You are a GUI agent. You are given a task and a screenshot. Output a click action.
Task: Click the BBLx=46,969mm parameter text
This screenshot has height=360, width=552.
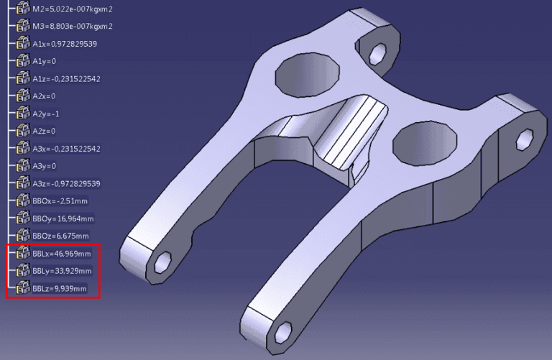tap(62, 254)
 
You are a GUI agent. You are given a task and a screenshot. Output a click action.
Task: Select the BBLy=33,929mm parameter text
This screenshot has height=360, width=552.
tap(62, 271)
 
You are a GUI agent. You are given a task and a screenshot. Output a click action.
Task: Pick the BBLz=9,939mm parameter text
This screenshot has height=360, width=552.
tap(60, 289)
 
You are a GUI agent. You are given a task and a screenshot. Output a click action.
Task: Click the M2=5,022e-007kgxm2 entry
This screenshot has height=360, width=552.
tap(73, 9)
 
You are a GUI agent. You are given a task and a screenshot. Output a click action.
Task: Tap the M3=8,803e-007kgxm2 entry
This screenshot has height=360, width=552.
tap(73, 27)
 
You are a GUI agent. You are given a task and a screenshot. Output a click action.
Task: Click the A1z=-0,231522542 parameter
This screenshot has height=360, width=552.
tap(66, 78)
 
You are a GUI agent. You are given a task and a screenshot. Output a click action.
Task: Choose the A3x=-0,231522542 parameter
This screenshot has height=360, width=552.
tap(66, 149)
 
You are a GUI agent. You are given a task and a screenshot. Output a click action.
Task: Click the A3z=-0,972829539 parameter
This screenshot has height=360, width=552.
tap(66, 183)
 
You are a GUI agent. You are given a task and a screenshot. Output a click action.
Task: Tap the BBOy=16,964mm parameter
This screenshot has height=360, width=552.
tap(63, 218)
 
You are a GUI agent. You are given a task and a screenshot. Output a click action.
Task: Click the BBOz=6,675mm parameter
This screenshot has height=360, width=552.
tap(60, 236)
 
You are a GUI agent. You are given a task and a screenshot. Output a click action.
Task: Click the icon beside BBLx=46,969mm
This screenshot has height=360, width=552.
tap(22, 254)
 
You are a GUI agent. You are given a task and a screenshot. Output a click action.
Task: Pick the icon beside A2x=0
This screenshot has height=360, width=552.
tap(22, 96)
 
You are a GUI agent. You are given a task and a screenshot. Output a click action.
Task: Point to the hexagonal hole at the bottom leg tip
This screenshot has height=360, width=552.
tap(282, 332)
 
